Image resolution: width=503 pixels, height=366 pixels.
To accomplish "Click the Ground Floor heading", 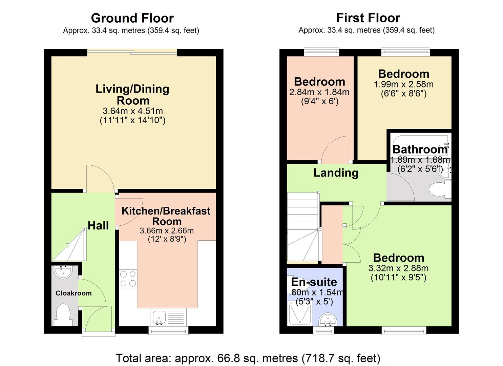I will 132,18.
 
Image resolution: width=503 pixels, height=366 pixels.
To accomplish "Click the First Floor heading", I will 368,18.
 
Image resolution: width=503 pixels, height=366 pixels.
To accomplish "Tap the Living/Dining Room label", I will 132,95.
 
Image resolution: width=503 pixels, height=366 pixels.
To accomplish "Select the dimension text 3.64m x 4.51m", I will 132,111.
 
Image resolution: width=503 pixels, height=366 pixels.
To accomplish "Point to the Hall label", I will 98,225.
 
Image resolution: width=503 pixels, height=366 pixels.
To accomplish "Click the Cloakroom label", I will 74,293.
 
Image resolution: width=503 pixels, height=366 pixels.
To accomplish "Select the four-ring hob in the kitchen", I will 128,279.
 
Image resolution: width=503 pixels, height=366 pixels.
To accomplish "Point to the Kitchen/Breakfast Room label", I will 166,216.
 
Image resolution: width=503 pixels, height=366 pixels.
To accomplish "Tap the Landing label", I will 336,173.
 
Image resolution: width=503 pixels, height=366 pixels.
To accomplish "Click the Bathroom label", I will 420,149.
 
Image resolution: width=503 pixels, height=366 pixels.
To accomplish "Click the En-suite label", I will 314,282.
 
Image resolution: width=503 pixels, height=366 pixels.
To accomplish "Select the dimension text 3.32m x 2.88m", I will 398,268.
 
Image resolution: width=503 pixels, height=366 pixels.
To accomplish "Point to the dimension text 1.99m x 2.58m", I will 403,84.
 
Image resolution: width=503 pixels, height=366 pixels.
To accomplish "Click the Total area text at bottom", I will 248,358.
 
